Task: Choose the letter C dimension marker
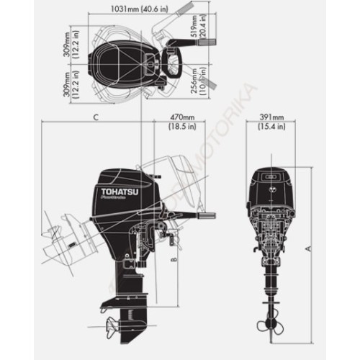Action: (96, 117)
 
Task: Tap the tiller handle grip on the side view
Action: (206, 215)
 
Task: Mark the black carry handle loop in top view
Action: (174, 60)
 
